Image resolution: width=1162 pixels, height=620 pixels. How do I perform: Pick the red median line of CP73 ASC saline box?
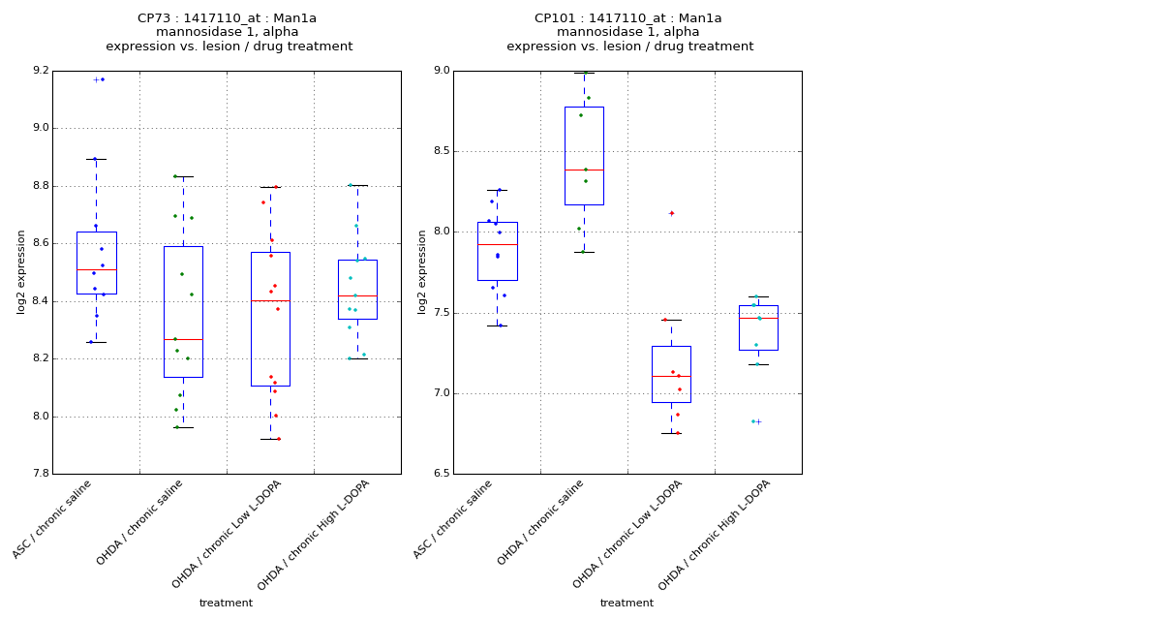click(x=96, y=269)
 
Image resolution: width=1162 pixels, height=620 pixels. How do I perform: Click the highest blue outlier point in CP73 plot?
click(x=102, y=79)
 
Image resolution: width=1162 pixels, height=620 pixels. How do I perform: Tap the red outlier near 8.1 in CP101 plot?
click(x=671, y=213)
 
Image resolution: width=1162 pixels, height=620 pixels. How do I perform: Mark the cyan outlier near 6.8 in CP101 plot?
click(x=753, y=421)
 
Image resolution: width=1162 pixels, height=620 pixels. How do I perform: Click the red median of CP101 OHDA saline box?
click(x=584, y=170)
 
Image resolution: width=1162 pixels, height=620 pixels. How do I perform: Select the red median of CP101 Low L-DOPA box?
click(x=671, y=376)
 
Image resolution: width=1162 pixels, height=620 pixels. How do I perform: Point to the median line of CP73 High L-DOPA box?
click(x=357, y=295)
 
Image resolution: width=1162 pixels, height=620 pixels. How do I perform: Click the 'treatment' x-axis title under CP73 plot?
click(x=226, y=603)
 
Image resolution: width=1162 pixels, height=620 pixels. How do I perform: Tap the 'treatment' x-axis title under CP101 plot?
click(x=627, y=603)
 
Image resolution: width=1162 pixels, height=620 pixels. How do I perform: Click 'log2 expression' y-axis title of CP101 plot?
click(x=422, y=271)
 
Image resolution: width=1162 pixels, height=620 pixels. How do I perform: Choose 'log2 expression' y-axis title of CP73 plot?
click(x=21, y=271)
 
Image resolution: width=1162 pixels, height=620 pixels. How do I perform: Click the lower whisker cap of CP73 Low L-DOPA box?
click(x=270, y=439)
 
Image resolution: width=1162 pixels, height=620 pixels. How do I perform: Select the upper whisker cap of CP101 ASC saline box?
click(x=497, y=190)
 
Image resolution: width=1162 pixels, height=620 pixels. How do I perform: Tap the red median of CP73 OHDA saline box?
click(x=183, y=339)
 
